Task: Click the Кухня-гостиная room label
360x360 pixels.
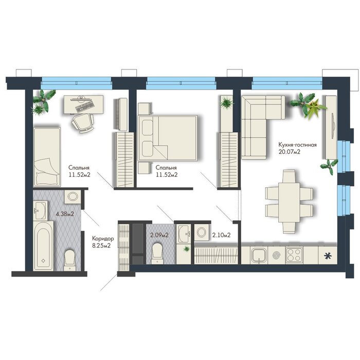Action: click(x=298, y=145)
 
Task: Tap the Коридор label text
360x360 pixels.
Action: click(x=103, y=238)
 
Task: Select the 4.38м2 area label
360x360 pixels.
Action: click(x=65, y=214)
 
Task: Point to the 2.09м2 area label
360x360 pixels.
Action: click(x=159, y=235)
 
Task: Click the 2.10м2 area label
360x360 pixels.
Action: click(x=221, y=235)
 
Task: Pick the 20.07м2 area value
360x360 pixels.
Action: click(x=289, y=152)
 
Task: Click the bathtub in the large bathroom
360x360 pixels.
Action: click(x=43, y=246)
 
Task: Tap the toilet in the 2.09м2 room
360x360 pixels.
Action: click(x=157, y=254)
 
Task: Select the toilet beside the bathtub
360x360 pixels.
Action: click(x=70, y=260)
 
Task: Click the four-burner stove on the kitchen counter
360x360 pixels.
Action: click(x=294, y=255)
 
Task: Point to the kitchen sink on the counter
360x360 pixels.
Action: click(x=259, y=255)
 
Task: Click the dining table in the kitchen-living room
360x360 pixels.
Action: click(x=289, y=202)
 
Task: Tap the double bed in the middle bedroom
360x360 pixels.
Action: click(x=167, y=138)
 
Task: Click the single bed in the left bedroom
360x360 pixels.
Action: click(x=47, y=157)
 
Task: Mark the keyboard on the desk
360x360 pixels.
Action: click(x=85, y=107)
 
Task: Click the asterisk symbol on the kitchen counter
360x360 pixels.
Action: click(x=328, y=256)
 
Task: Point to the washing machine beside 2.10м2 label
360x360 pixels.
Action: click(x=202, y=232)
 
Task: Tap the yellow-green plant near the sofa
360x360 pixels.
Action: click(x=316, y=109)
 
